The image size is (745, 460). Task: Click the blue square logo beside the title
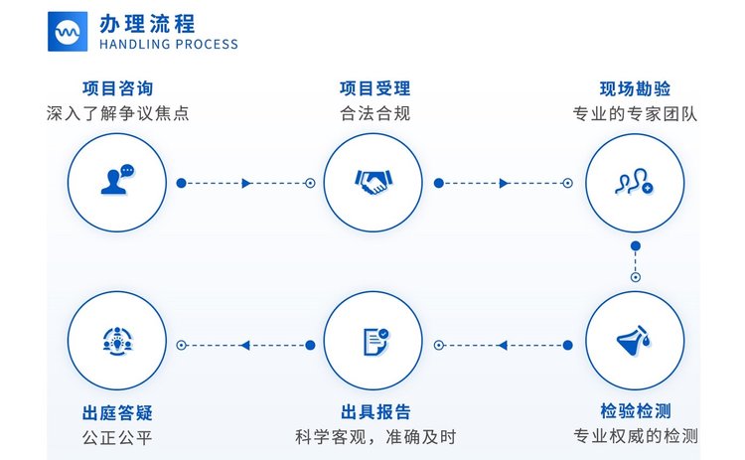pos(68,32)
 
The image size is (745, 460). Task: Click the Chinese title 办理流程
pos(147,24)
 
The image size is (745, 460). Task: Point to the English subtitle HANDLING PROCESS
pos(169,45)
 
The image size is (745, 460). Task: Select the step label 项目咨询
pos(118,88)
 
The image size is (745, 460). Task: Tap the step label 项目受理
pos(374,88)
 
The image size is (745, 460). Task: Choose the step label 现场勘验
pos(635,88)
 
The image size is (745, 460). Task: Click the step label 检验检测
pos(636,410)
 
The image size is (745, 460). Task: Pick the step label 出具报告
pos(375,412)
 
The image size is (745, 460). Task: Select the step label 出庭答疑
pos(117,412)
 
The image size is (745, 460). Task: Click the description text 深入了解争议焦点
pos(118,113)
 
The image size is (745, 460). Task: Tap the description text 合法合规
pos(374,113)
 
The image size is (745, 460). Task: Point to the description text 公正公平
pos(117,437)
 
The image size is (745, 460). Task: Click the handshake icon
pos(373,182)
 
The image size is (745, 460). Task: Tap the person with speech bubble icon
pos(117,180)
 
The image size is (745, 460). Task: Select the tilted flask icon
pos(635,340)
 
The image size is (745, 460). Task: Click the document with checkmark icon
pos(375,341)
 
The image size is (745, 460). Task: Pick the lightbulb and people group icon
pos(117,341)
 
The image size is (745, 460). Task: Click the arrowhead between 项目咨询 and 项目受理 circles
pos(246,183)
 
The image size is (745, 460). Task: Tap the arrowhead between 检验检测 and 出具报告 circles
pos(503,346)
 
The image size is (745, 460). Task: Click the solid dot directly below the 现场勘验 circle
pos(636,245)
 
